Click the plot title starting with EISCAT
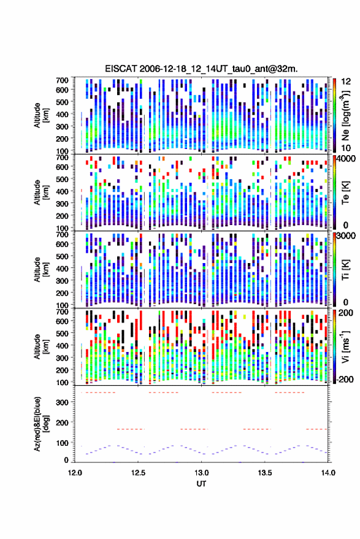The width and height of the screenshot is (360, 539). click(201, 69)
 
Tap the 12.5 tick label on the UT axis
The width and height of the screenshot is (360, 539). click(138, 473)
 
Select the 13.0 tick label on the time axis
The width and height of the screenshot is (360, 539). click(202, 473)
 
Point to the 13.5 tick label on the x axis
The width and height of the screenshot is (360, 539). click(265, 473)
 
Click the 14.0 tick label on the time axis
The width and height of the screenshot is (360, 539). click(328, 473)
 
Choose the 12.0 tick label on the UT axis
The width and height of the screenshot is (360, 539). click(75, 473)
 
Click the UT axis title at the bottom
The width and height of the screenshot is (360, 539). click(201, 484)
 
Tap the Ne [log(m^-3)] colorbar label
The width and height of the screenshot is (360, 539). click(346, 115)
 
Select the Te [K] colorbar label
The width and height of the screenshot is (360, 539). click(345, 193)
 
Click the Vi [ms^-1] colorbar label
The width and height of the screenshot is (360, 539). click(345, 346)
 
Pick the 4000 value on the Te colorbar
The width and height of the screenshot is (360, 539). click(347, 159)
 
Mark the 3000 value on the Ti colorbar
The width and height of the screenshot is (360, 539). click(347, 236)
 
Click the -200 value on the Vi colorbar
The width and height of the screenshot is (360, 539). click(344, 379)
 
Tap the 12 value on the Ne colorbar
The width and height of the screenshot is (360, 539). click(347, 82)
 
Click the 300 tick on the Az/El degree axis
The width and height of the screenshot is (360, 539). click(63, 402)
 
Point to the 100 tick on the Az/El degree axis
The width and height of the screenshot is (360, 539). click(63, 443)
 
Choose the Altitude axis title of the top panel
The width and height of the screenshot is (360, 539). click(41, 115)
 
